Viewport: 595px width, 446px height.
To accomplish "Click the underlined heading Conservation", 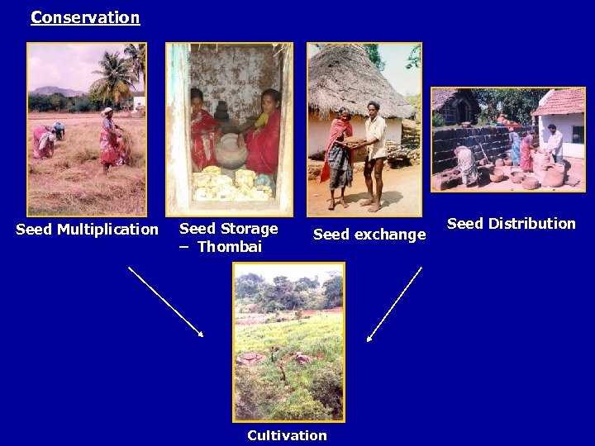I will (x=85, y=17).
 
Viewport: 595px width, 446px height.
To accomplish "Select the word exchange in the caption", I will (x=389, y=235).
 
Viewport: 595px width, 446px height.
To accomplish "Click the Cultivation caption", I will (x=287, y=435).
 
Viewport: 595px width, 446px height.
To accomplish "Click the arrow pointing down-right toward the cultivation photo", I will (x=165, y=301).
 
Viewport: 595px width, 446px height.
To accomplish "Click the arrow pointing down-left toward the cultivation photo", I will (x=394, y=304).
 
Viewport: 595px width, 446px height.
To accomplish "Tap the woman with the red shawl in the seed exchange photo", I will (x=339, y=157).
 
